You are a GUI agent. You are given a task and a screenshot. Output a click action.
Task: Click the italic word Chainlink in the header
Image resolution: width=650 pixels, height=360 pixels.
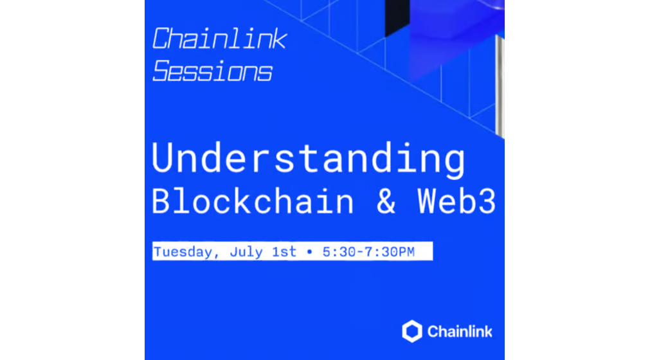pyautogui.click(x=219, y=39)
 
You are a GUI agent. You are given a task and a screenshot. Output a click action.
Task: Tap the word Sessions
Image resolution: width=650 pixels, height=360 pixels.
pyautogui.click(x=213, y=71)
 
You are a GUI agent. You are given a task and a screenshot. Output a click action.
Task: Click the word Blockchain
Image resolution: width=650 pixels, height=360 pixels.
pyautogui.click(x=253, y=201)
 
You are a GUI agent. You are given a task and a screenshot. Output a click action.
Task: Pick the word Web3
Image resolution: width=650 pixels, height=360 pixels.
pyautogui.click(x=456, y=201)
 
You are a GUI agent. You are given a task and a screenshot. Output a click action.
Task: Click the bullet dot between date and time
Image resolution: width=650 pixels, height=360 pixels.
pyautogui.click(x=309, y=252)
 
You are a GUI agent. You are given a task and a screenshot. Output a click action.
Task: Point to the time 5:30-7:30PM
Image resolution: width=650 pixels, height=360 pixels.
pyautogui.click(x=368, y=252)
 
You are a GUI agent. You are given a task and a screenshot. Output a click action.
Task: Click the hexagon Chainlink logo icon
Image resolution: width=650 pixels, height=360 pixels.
pyautogui.click(x=412, y=331)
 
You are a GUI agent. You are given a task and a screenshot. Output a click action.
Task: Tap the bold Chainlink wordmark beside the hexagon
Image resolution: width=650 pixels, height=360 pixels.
pyautogui.click(x=459, y=332)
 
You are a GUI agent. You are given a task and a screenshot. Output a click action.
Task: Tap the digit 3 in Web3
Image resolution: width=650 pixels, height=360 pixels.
pyautogui.click(x=486, y=201)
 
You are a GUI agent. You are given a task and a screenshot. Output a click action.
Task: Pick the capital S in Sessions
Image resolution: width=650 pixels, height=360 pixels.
pyautogui.click(x=163, y=71)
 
